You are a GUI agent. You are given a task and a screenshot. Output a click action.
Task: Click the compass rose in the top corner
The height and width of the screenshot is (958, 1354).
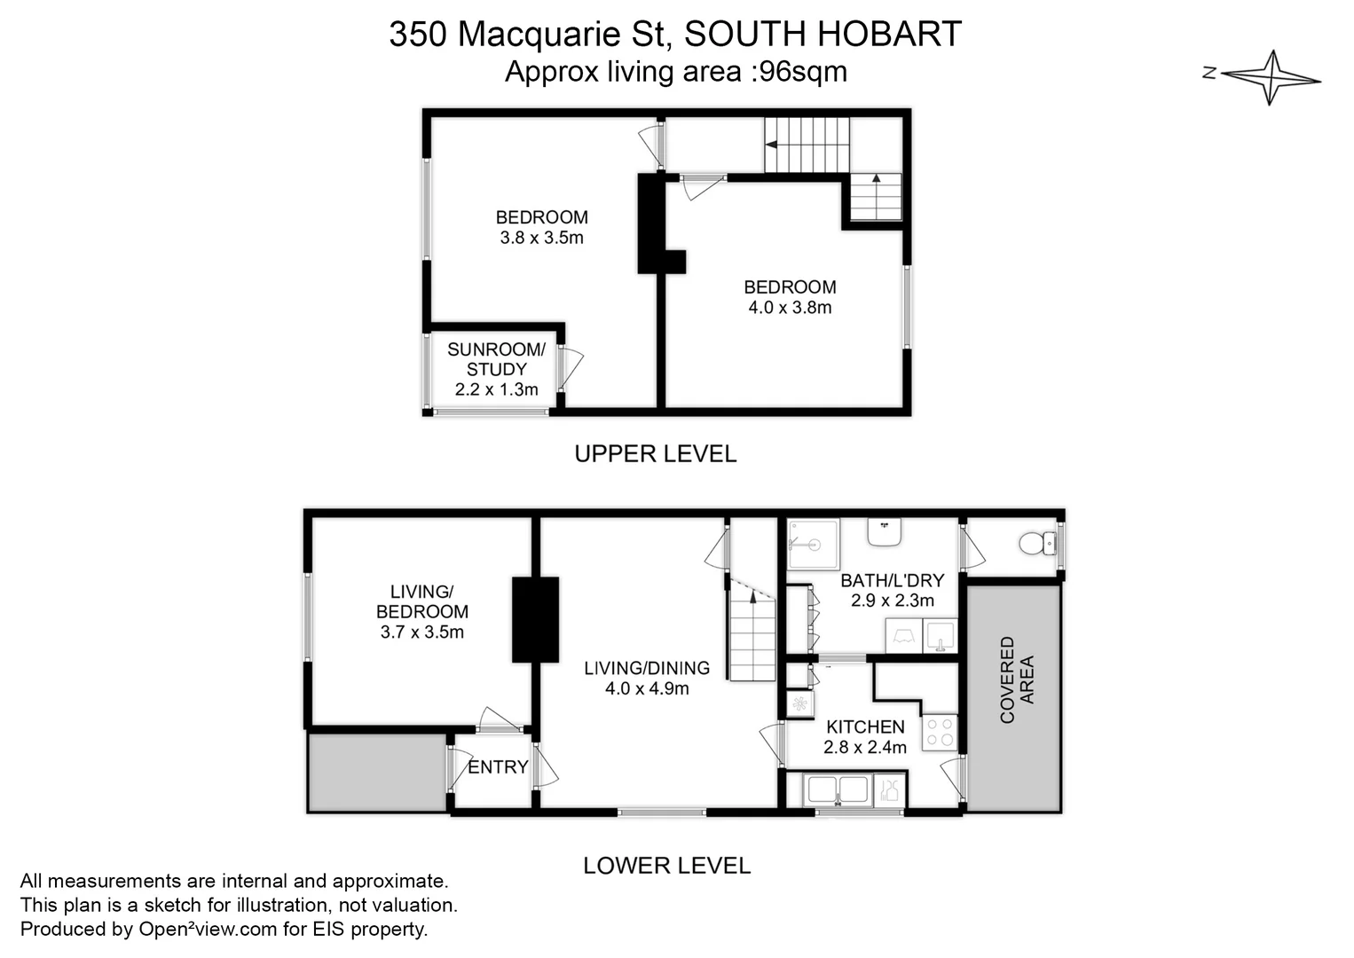pos(1272,76)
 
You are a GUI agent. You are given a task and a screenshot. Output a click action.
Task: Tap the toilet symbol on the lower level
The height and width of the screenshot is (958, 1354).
pos(1036,542)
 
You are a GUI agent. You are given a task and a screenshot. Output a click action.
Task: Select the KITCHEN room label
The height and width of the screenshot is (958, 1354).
pos(865,726)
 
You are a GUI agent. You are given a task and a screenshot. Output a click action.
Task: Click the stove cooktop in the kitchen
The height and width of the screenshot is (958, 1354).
pos(939,733)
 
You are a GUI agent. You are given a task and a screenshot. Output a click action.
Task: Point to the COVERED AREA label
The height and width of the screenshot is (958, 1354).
pos(1016,679)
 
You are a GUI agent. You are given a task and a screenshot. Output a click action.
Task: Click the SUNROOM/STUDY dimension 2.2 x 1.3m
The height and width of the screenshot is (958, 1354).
pos(496,389)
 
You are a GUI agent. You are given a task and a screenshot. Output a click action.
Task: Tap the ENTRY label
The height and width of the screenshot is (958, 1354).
pos(497,767)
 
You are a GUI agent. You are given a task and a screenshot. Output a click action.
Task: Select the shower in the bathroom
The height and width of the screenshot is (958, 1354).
pos(813,544)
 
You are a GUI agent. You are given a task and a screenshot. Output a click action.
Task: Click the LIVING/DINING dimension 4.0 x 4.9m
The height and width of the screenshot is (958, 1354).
pos(647,688)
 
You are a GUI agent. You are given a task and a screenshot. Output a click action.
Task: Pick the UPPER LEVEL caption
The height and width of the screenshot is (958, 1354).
pos(655,454)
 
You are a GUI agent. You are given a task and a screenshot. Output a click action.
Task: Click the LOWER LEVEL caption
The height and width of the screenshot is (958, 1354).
pos(666,866)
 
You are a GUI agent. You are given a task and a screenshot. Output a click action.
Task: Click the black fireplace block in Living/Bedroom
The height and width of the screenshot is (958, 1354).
pos(535,619)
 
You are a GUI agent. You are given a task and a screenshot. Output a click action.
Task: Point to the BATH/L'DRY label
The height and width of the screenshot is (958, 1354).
pos(892,580)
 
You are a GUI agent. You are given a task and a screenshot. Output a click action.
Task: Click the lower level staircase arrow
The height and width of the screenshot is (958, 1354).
pos(753,600)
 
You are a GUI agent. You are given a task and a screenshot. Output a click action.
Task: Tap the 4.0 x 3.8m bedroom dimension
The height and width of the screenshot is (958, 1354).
pos(790,308)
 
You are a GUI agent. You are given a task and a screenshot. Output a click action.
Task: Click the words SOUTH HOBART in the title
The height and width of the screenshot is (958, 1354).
pos(823,35)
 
